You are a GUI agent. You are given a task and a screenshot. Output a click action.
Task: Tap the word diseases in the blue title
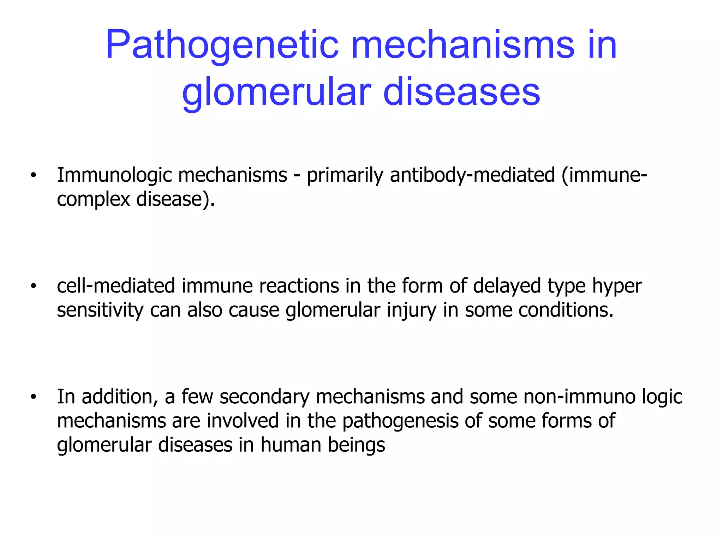(461, 92)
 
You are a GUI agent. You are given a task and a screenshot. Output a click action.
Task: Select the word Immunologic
(114, 175)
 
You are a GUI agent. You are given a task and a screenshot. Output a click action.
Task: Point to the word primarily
(345, 175)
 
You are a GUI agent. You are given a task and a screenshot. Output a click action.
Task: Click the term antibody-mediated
(472, 175)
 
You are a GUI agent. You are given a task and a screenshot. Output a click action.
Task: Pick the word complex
(94, 200)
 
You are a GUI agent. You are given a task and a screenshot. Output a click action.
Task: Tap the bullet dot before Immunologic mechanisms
(33, 176)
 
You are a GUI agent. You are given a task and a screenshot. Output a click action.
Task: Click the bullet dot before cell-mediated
(33, 287)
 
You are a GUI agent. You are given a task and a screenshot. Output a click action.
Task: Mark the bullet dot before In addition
(33, 397)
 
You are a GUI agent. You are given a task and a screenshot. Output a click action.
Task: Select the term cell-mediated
(116, 286)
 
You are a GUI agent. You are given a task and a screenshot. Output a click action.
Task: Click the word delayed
(507, 287)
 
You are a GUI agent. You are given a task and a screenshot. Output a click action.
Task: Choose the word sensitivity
(100, 310)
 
